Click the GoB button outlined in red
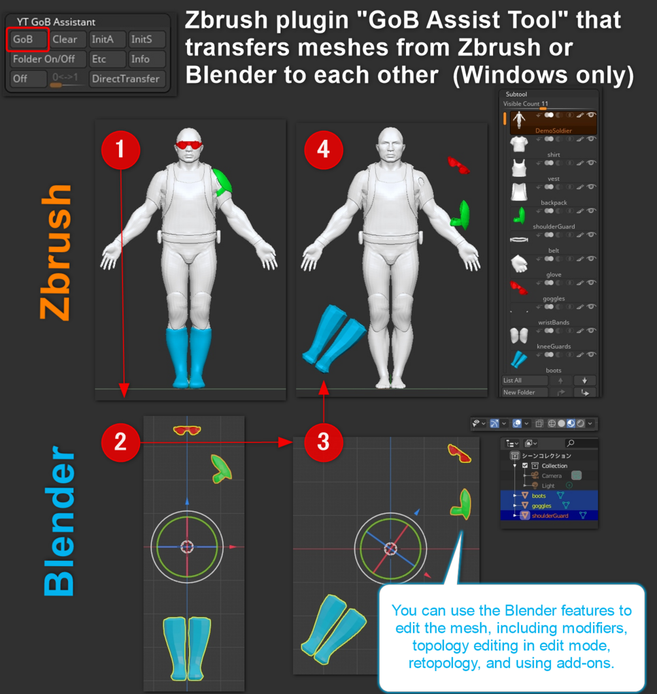click(x=27, y=39)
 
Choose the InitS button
click(x=147, y=39)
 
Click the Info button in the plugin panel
click(x=147, y=59)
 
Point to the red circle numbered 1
click(x=120, y=150)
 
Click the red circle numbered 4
click(x=324, y=150)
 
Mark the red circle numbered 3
click(x=324, y=442)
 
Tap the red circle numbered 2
click(x=120, y=442)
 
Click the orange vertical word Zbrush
click(x=56, y=252)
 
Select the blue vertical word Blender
click(x=59, y=521)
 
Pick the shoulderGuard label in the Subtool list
click(x=554, y=227)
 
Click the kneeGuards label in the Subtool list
click(x=554, y=347)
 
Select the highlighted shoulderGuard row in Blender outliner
click(x=549, y=516)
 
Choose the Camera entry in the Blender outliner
click(x=551, y=476)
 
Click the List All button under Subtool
click(x=525, y=381)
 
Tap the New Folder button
click(x=525, y=392)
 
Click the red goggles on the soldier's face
click(x=189, y=145)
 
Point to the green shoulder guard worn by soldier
click(x=222, y=182)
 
